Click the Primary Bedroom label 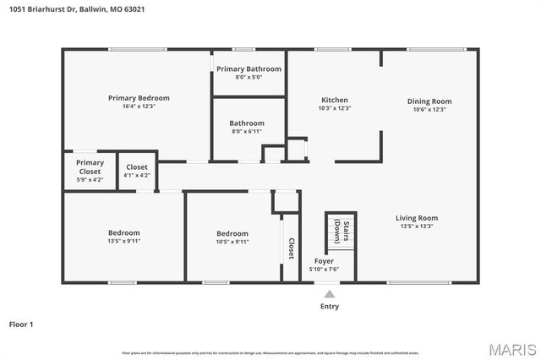point(139,98)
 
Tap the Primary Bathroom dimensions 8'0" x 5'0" point(249,77)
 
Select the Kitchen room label point(335,100)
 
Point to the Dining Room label point(429,100)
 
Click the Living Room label point(417,218)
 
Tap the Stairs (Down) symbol point(341,231)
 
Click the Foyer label point(324,261)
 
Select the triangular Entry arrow point(330,294)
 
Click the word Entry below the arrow point(330,306)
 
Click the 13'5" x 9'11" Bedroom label point(123,233)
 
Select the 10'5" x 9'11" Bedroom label point(232,233)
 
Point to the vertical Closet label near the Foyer point(291,248)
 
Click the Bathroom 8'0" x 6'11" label point(247,123)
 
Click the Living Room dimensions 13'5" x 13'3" point(417,226)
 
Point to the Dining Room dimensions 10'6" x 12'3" point(429,108)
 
